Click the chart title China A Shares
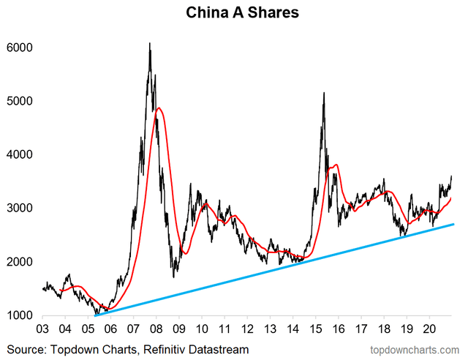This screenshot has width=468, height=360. (x=233, y=13)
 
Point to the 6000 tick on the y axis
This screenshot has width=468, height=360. (x=19, y=47)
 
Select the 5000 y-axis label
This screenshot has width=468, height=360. (x=19, y=101)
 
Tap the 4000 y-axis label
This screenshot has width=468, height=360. (x=19, y=154)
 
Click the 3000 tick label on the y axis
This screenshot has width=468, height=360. (x=19, y=209)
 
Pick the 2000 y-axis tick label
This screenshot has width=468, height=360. (x=19, y=262)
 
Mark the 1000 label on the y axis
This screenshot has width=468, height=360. (x=19, y=315)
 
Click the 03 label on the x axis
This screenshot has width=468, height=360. (x=43, y=329)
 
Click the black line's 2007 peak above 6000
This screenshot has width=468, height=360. (x=150, y=43)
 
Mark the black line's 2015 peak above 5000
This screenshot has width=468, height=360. (x=323, y=93)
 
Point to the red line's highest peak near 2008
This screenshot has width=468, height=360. (x=159, y=108)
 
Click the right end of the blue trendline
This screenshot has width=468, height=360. (x=453, y=225)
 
